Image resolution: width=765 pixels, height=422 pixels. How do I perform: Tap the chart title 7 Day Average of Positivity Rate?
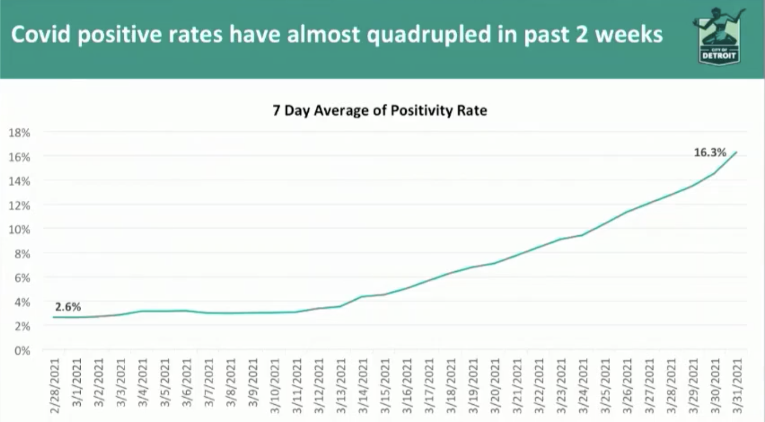click(379, 111)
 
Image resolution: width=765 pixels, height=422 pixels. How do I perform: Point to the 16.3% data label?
click(710, 152)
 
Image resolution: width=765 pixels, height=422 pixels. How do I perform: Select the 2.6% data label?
click(68, 307)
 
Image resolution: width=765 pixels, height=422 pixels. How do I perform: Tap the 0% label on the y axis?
click(22, 350)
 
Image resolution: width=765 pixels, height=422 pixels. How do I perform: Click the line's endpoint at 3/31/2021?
click(736, 152)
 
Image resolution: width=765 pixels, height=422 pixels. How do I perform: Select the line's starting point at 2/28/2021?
click(54, 317)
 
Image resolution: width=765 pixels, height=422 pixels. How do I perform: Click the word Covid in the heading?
click(39, 35)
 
